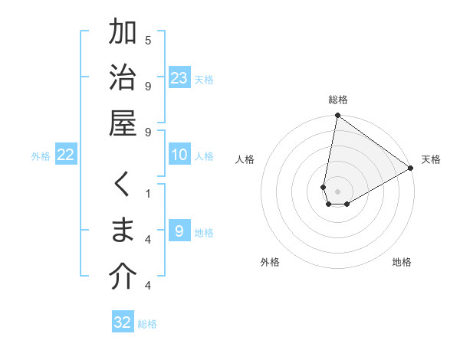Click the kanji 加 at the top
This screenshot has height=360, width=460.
pyautogui.click(x=123, y=34)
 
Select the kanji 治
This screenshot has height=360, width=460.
pyautogui.click(x=123, y=79)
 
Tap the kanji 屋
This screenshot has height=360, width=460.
pyautogui.click(x=123, y=125)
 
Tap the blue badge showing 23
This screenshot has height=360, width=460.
pyautogui.click(x=179, y=78)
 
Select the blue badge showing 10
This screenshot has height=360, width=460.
pyautogui.click(x=179, y=155)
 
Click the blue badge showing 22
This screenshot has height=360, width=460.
pyautogui.click(x=66, y=155)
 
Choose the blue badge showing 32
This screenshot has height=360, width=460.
pyautogui.click(x=123, y=322)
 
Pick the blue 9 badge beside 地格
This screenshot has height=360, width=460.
pyautogui.click(x=179, y=231)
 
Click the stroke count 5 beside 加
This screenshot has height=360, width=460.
pyautogui.click(x=148, y=40)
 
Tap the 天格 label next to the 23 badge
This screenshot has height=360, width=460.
pyautogui.click(x=204, y=80)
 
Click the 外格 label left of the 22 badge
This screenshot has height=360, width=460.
pyautogui.click(x=41, y=156)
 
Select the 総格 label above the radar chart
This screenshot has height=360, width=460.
pyautogui.click(x=338, y=100)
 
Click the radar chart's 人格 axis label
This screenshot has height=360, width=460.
pyautogui.click(x=245, y=160)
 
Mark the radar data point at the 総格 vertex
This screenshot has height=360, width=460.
pyautogui.click(x=337, y=116)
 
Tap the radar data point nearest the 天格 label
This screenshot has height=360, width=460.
pyautogui.click(x=411, y=169)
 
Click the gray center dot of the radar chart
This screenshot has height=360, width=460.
pyautogui.click(x=338, y=191)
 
